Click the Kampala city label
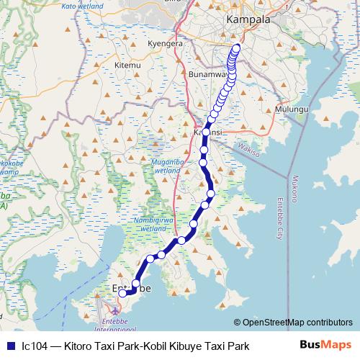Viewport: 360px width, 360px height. (248, 19)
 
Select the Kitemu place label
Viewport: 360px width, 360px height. (127, 66)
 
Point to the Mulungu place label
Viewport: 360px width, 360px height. (293, 108)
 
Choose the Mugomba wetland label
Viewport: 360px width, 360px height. (168, 167)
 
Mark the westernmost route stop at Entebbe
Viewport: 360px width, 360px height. (122, 293)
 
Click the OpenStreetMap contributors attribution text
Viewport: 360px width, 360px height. (297, 322)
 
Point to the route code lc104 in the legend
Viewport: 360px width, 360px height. (34, 346)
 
